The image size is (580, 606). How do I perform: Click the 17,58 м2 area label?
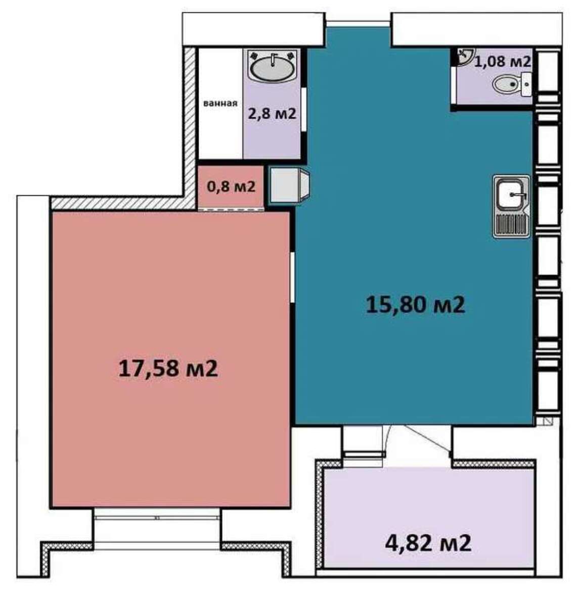[168, 369]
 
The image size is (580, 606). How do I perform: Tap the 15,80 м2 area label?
[415, 305]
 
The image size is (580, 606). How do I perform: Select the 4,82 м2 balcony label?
[428, 543]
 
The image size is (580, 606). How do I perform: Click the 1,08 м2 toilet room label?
[502, 61]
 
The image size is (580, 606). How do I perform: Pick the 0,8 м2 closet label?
[231, 186]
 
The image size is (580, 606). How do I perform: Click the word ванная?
[220, 103]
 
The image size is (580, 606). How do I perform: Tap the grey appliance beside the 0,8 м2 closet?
[289, 186]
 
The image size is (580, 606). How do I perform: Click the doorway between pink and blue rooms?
[292, 277]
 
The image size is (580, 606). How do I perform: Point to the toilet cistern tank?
[526, 84]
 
